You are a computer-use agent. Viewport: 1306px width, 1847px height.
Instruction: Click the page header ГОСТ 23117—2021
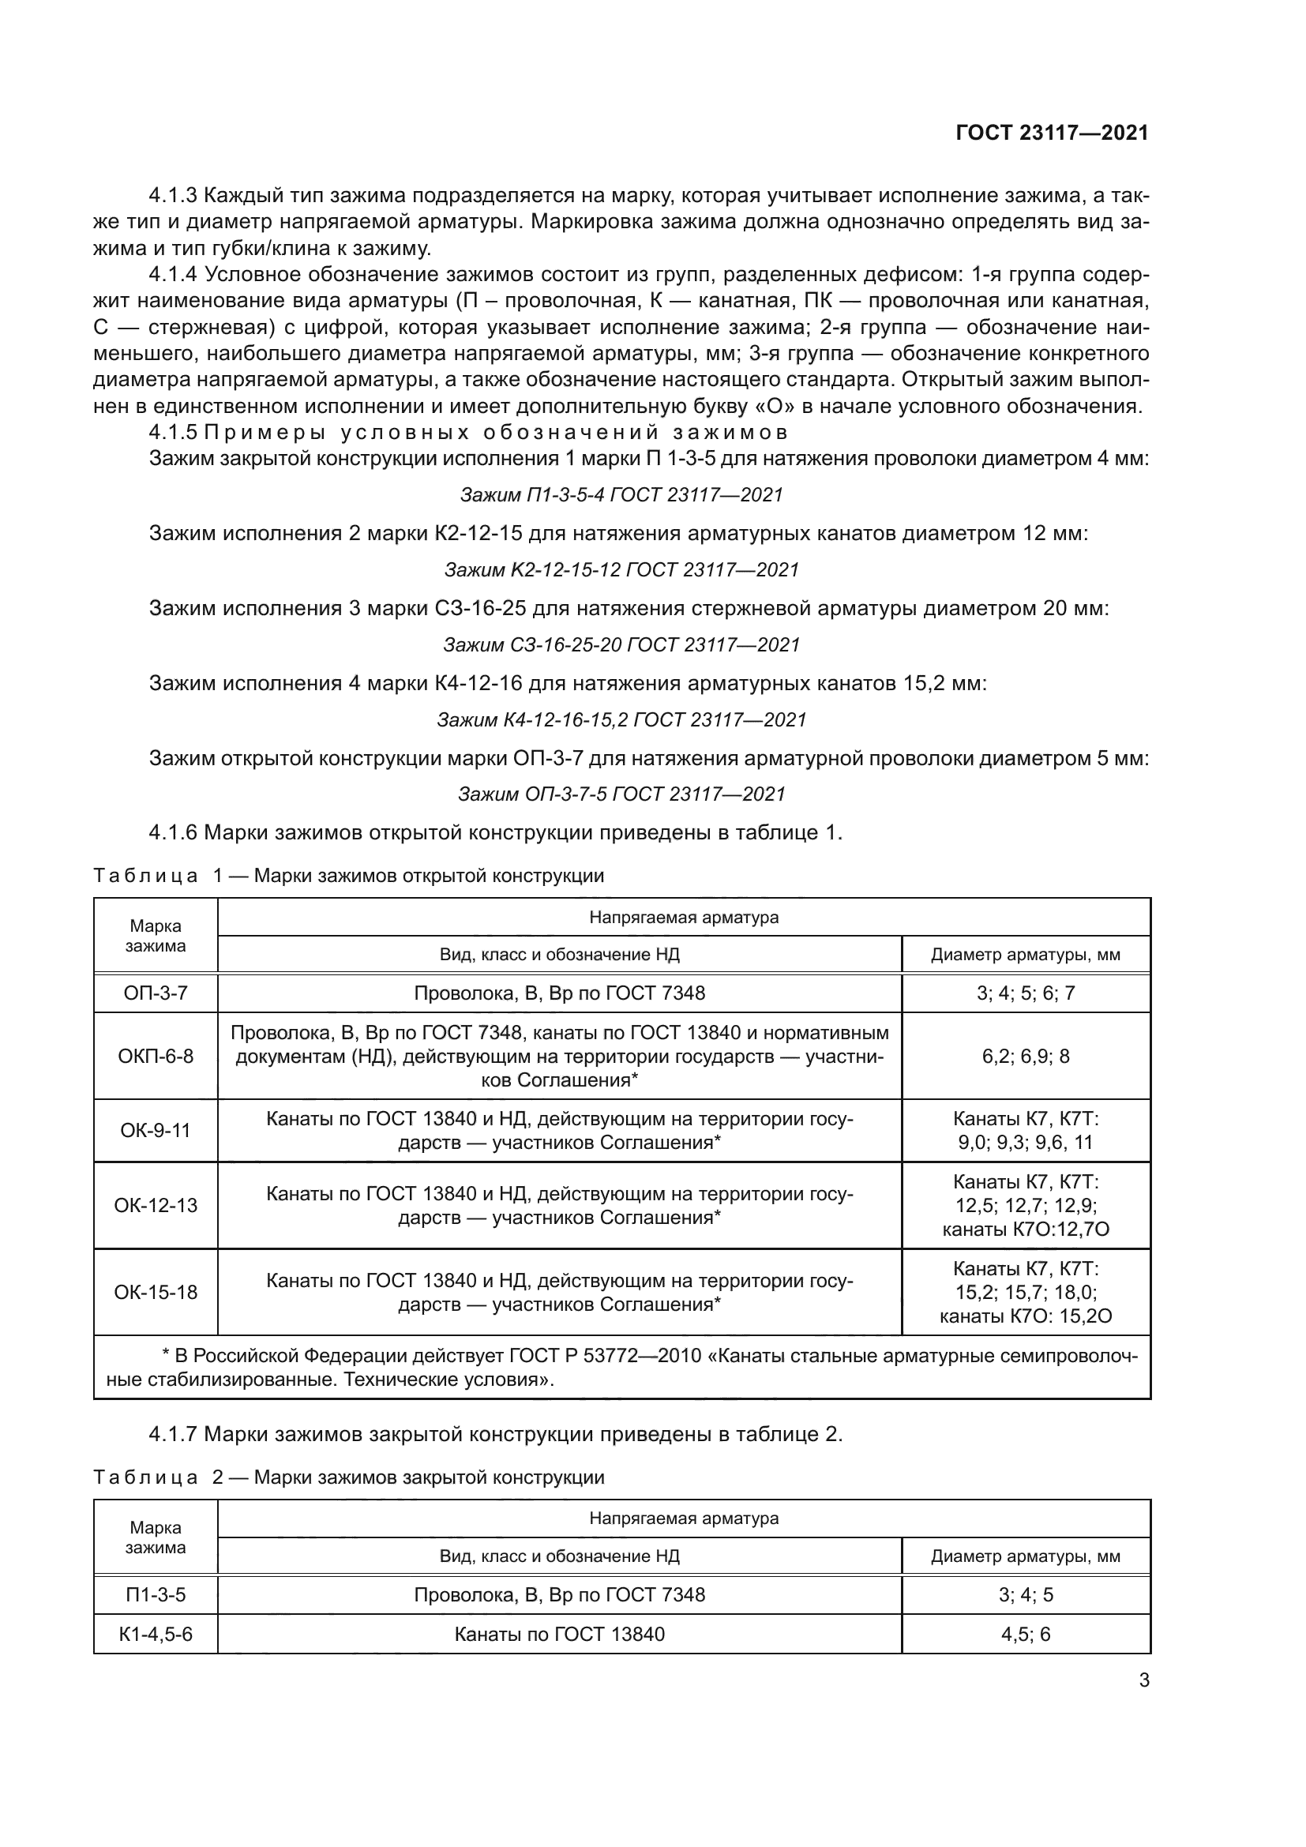(1051, 133)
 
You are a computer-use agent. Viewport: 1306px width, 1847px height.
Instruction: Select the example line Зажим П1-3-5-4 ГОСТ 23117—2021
(621, 495)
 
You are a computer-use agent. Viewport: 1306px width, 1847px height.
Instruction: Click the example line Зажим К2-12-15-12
(621, 569)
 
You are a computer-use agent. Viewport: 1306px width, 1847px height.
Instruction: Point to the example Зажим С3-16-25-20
(621, 644)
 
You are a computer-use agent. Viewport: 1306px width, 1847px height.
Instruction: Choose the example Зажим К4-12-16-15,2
(621, 719)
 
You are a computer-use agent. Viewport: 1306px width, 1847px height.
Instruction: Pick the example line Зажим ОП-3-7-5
(621, 794)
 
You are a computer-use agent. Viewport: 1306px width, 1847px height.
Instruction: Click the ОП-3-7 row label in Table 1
(156, 993)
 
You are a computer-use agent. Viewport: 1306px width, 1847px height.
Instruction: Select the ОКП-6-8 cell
(156, 1056)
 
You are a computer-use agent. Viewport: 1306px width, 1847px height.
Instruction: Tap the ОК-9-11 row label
(156, 1130)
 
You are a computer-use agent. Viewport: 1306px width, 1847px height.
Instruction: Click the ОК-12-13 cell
(156, 1205)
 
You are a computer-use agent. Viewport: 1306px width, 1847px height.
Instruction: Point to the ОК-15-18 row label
(156, 1292)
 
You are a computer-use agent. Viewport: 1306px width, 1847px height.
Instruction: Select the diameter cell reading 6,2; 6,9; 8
(1026, 1056)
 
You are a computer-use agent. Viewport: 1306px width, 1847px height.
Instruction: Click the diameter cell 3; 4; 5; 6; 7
(1026, 993)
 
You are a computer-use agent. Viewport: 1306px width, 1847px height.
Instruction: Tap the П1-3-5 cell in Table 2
(156, 1594)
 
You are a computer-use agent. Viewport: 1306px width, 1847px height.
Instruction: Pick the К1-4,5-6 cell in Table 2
(156, 1634)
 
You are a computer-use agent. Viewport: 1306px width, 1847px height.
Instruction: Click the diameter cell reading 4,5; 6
(1026, 1634)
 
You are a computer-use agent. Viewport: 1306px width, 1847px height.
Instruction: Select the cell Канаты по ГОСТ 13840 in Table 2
(559, 1634)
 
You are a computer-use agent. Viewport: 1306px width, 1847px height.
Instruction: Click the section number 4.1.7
(173, 1433)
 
